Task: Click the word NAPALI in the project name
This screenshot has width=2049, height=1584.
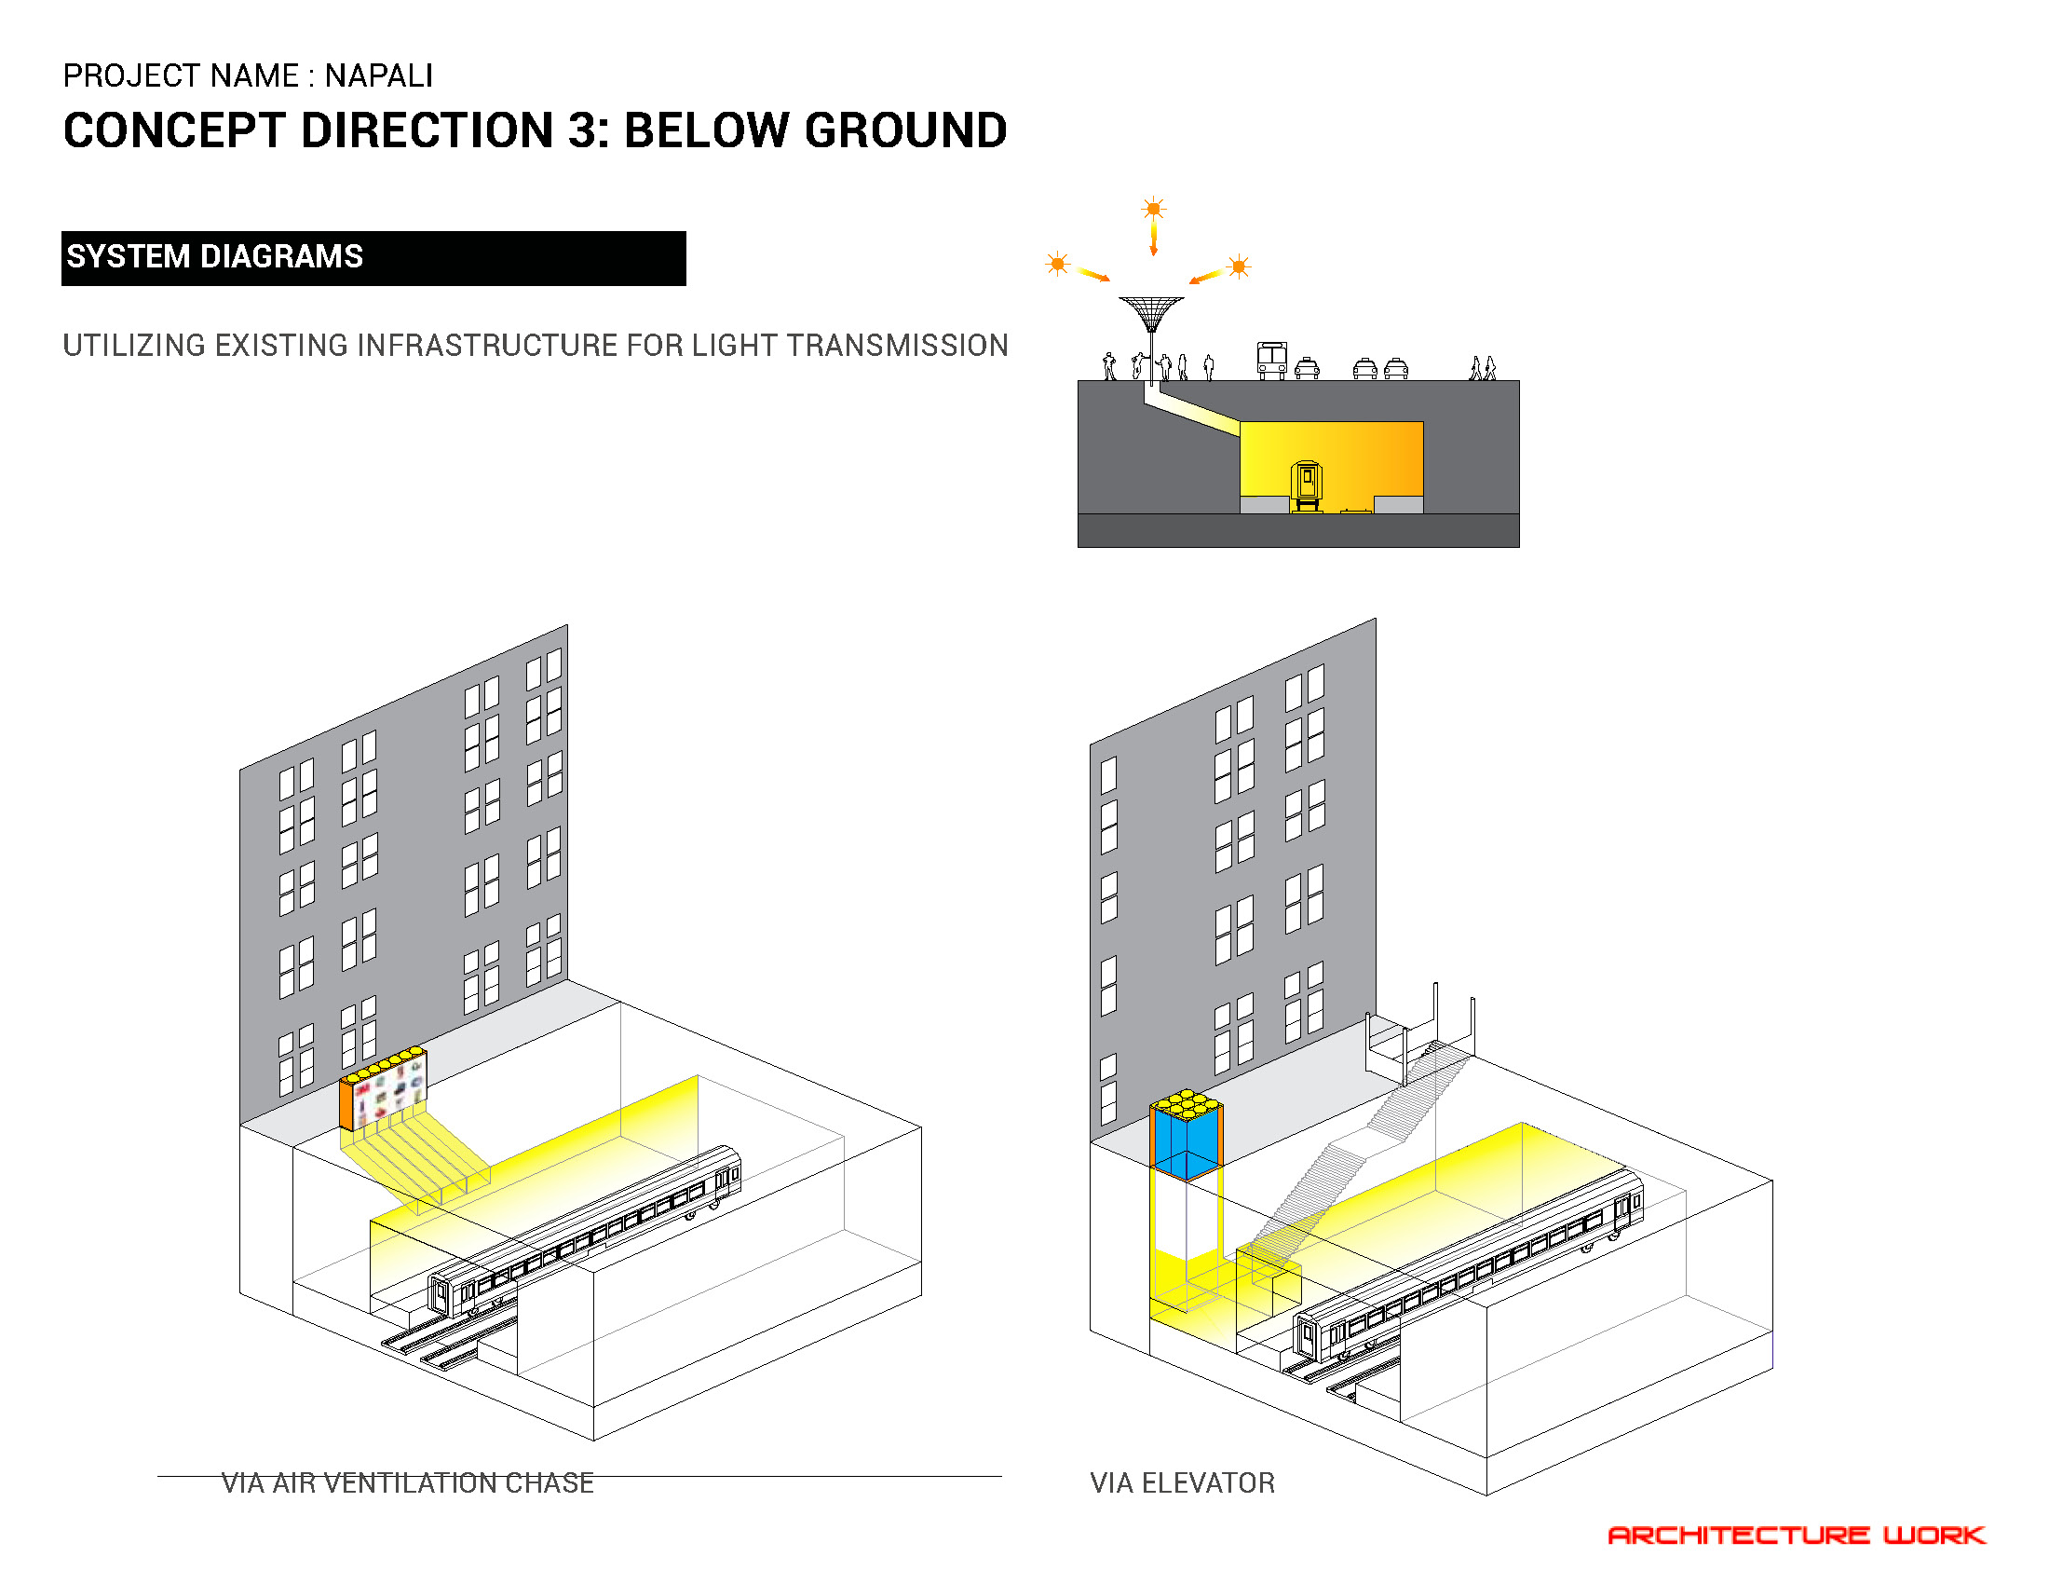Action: (x=379, y=76)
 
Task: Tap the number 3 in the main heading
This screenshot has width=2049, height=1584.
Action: (x=588, y=130)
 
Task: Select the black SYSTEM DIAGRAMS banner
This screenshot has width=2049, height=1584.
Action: (x=373, y=258)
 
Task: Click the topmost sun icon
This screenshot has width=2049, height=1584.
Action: (x=1153, y=208)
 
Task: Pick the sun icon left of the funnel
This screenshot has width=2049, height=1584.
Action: (x=1057, y=264)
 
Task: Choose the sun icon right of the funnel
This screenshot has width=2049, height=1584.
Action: (x=1239, y=266)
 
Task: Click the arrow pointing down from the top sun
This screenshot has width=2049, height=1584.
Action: (x=1153, y=239)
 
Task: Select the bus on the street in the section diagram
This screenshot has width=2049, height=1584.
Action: (x=1271, y=361)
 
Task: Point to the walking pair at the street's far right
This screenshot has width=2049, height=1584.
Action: (x=1483, y=368)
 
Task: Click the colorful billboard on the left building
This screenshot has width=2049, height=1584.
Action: (x=383, y=1088)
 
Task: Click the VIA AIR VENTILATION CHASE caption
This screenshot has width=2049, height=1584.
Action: (x=407, y=1483)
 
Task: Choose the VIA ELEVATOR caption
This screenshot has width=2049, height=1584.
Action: (x=1182, y=1483)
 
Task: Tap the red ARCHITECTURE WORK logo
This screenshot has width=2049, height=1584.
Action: (x=1797, y=1536)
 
